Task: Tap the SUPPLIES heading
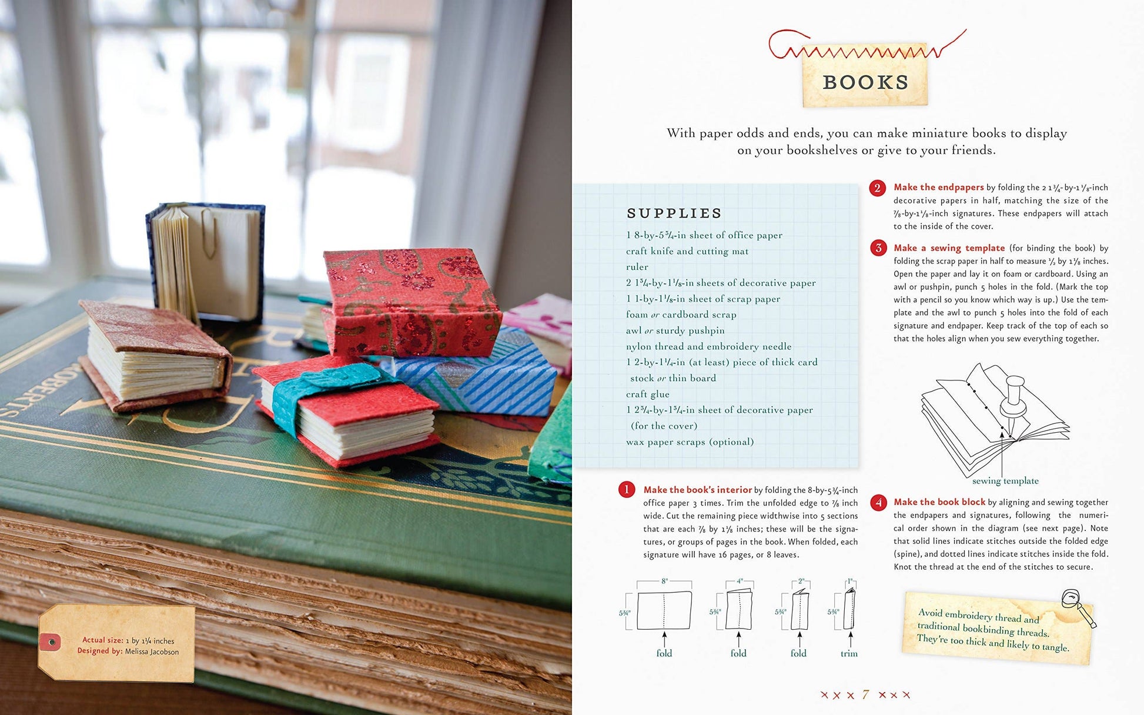[x=674, y=213]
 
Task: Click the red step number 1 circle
[x=627, y=490]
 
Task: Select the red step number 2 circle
[x=877, y=188]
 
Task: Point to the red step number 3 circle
[x=878, y=248]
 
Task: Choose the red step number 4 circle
[x=878, y=502]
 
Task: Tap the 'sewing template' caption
[x=1005, y=481]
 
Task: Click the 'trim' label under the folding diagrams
[x=849, y=653]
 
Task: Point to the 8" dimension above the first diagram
[x=664, y=581]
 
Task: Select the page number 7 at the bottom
[x=865, y=694]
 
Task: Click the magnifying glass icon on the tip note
[x=1078, y=607]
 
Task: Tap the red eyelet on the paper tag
[x=50, y=642]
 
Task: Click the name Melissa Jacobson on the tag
[x=152, y=651]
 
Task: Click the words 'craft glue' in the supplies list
[x=647, y=394]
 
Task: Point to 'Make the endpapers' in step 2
[x=938, y=187]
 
